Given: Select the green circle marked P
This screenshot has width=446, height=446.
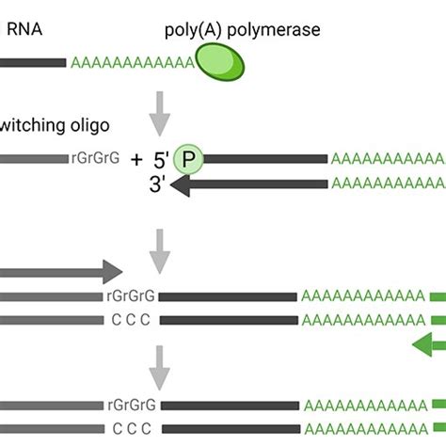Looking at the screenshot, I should coord(189,159).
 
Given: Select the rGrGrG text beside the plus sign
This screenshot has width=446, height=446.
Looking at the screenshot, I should coord(94,159).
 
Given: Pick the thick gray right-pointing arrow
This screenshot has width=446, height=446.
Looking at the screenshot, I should coord(56,274).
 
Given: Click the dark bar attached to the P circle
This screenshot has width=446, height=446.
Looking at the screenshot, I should coord(263,159).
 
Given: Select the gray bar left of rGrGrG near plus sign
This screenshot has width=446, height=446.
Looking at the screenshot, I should coord(33,159).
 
